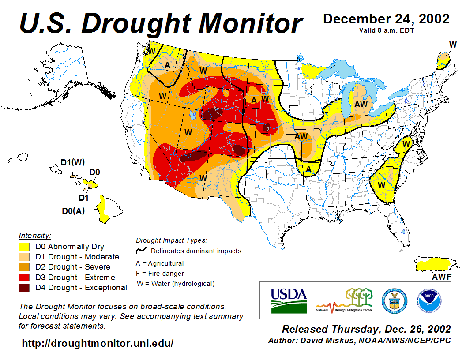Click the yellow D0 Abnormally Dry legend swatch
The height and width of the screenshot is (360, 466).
tap(24, 247)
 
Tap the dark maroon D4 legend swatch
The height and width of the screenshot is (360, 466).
tap(24, 288)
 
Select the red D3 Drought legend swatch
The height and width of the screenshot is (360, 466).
tap(24, 277)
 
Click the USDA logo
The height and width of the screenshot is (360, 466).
tap(288, 300)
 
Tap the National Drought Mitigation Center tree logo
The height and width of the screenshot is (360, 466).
tap(345, 300)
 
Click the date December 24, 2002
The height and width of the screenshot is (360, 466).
tap(386, 19)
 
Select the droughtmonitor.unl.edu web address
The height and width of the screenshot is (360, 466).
tap(98, 343)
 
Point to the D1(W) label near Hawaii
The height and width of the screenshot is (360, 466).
tap(72, 162)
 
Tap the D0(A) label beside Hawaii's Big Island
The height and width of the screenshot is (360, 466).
tap(73, 211)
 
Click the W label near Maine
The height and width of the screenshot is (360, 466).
tap(452, 45)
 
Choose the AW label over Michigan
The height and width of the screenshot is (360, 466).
tap(361, 104)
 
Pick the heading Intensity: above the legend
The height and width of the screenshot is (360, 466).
tap(35, 235)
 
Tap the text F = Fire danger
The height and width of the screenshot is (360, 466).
tap(160, 274)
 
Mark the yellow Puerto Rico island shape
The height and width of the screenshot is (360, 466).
tap(435, 264)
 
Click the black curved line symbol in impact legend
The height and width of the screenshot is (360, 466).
tap(141, 251)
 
